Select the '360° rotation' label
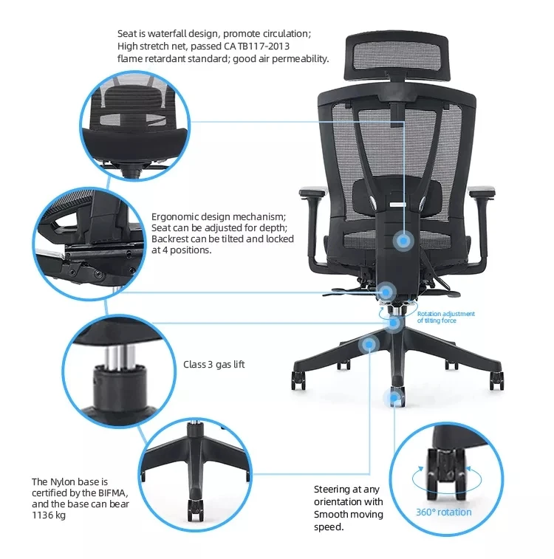point(443,512)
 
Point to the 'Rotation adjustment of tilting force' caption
point(445,317)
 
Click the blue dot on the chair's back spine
point(404,239)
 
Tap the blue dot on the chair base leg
point(367,344)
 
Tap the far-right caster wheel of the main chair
point(497,380)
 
